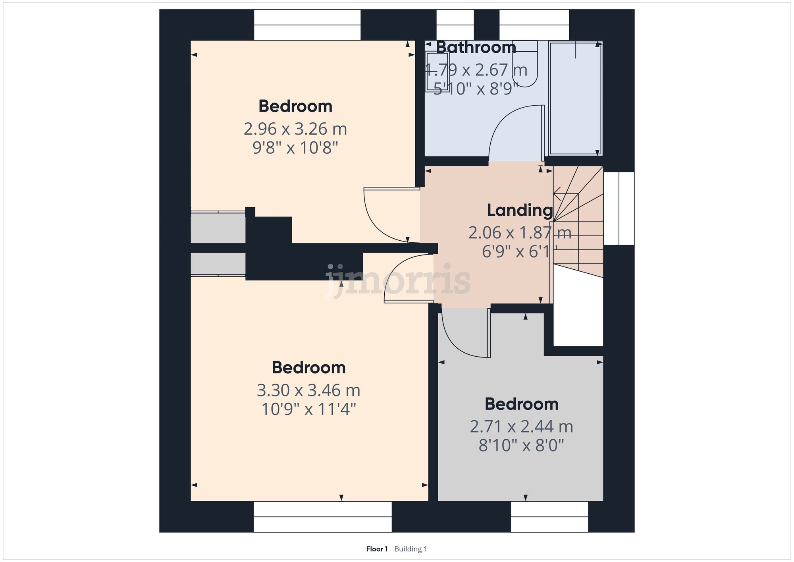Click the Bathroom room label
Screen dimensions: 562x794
click(476, 48)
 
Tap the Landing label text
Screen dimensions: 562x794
click(520, 211)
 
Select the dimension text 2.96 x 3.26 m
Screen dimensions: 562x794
click(295, 129)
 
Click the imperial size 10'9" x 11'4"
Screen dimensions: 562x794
click(308, 409)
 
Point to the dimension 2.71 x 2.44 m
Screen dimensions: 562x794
click(521, 427)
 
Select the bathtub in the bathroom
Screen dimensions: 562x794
click(575, 99)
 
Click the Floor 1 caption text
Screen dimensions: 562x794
click(377, 549)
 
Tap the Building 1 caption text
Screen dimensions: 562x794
click(410, 549)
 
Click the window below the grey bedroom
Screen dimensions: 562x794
click(549, 517)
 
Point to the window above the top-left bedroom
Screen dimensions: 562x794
click(307, 25)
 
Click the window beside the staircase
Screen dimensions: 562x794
click(619, 208)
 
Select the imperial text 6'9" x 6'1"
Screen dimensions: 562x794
click(520, 252)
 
